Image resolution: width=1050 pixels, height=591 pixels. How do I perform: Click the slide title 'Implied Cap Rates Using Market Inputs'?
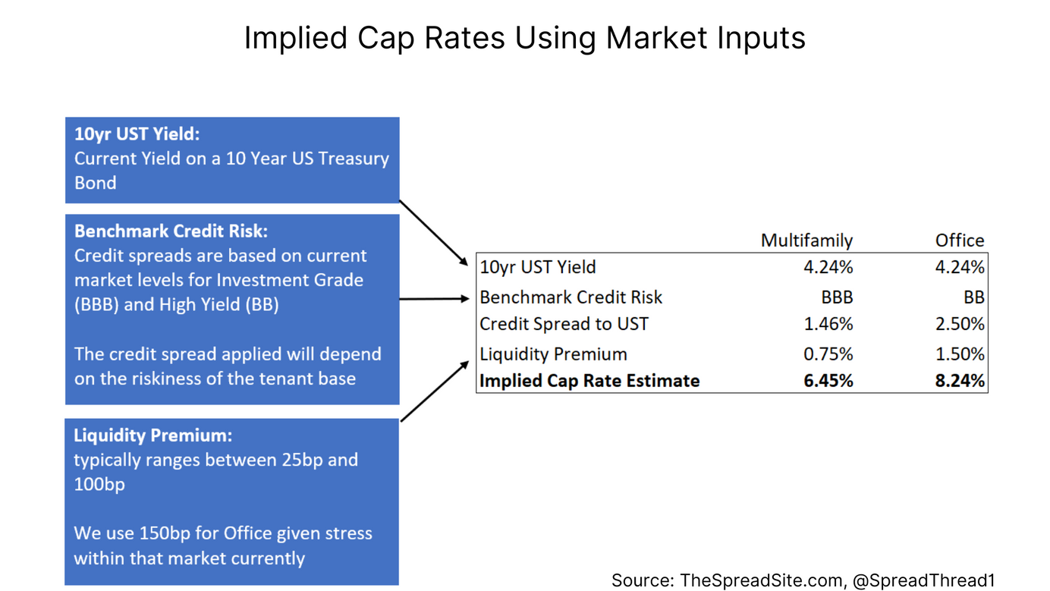coord(524,37)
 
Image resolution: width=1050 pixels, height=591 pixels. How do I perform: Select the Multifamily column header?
coord(806,240)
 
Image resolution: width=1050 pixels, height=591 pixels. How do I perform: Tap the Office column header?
coord(959,240)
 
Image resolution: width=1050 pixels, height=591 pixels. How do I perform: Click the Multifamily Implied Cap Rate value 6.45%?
coord(828,380)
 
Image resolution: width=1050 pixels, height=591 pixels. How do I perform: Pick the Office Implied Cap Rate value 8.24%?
coord(960,380)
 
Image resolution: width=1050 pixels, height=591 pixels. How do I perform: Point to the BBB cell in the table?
coord(837,297)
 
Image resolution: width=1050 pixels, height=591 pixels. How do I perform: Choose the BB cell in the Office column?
coord(974,297)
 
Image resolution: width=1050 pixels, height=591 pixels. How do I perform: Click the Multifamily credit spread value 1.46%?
coord(828,324)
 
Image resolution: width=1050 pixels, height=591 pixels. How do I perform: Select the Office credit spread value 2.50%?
coord(960,324)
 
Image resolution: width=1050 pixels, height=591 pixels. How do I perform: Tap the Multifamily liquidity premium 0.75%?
coord(828,354)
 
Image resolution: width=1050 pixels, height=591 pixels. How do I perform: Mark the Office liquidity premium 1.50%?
coord(960,354)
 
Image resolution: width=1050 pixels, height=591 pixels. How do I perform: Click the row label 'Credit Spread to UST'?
coord(564,324)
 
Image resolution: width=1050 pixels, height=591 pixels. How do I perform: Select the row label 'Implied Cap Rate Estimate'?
coord(589,380)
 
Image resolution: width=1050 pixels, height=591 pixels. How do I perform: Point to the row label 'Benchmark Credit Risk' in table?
coord(571,297)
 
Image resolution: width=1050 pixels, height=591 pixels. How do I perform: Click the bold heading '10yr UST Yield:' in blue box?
coord(136,134)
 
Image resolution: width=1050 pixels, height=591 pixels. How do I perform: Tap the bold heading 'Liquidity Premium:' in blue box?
coord(152,435)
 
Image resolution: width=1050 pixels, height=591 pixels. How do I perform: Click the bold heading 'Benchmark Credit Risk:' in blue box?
coord(171,231)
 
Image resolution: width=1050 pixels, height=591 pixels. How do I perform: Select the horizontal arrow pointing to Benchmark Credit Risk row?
coord(434,299)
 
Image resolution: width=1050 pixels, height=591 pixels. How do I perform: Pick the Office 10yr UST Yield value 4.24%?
coord(960,267)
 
